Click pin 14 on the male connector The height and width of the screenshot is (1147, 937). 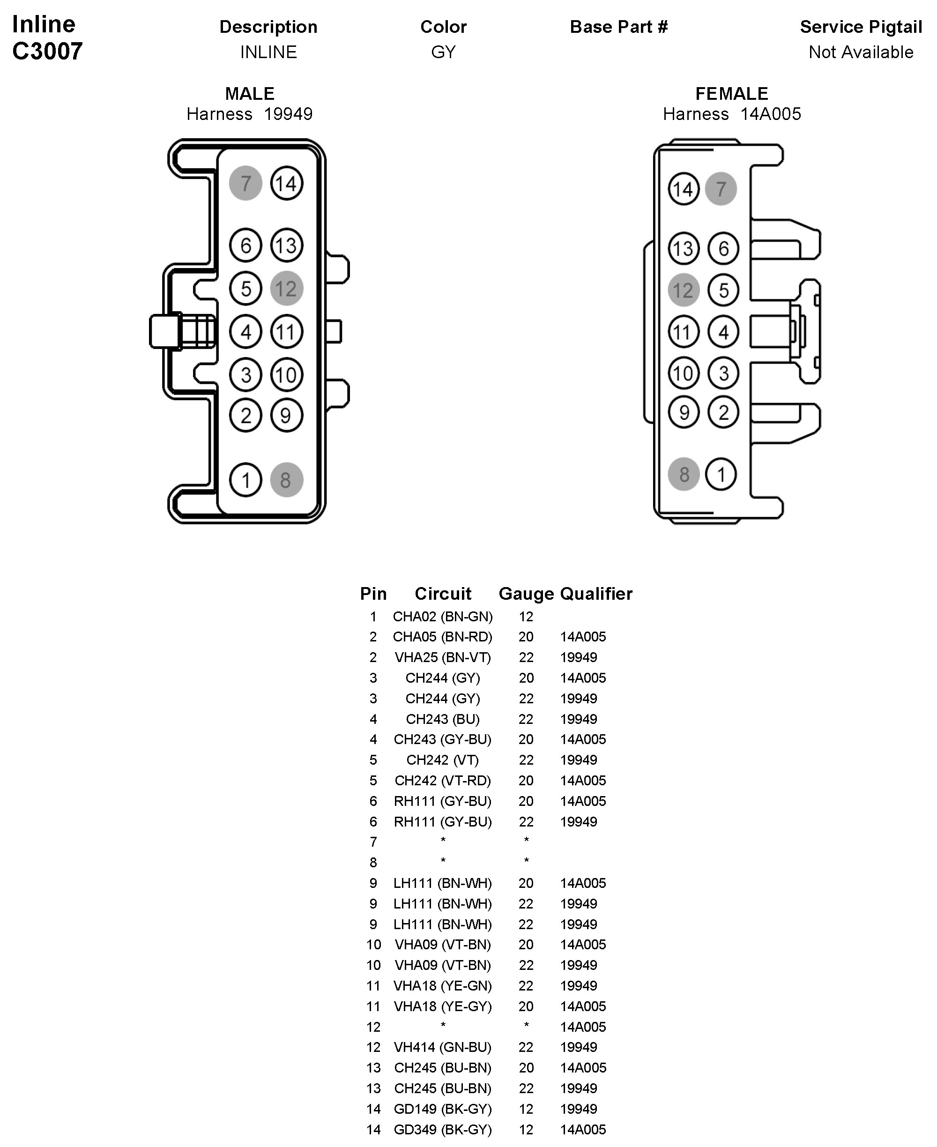click(x=286, y=184)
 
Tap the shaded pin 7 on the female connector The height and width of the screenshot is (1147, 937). click(x=721, y=189)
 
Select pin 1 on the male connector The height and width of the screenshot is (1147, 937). click(x=245, y=480)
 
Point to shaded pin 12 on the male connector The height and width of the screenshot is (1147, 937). click(x=286, y=289)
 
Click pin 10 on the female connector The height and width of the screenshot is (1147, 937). click(x=684, y=373)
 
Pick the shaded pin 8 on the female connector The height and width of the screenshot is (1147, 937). click(x=684, y=475)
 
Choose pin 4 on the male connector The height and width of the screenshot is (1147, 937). click(x=245, y=331)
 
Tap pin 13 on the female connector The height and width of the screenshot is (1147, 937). click(x=684, y=249)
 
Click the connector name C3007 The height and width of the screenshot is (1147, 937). click(x=47, y=51)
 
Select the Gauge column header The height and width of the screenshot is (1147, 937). click(x=526, y=594)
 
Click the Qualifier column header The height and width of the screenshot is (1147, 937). click(x=596, y=594)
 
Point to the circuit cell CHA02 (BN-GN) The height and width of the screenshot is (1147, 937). click(x=443, y=617)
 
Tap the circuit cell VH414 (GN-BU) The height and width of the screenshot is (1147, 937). click(x=443, y=1047)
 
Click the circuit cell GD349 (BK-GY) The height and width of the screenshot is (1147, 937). click(x=443, y=1129)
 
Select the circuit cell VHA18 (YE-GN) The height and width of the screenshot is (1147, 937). click(x=443, y=986)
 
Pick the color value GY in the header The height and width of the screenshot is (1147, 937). click(x=443, y=52)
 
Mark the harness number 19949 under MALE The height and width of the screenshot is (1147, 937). click(x=288, y=114)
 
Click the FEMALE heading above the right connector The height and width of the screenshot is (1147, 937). click(x=731, y=94)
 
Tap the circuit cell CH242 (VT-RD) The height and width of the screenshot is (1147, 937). click(x=443, y=781)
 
